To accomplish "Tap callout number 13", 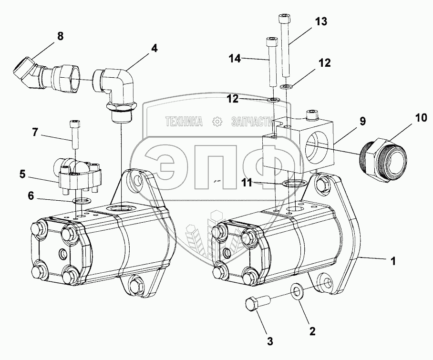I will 321,22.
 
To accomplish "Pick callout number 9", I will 363,121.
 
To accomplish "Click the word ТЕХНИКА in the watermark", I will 183,122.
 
